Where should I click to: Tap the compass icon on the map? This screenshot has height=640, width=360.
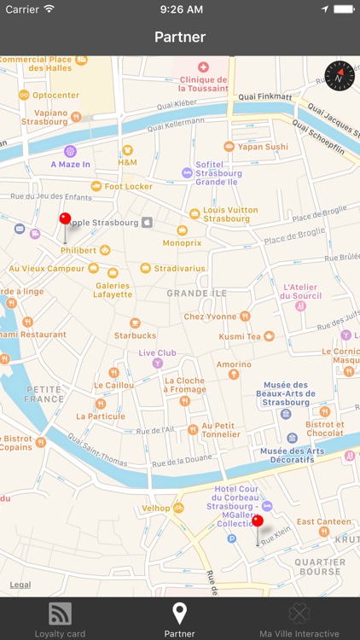[339, 76]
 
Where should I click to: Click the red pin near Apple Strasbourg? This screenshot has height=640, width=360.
[65, 219]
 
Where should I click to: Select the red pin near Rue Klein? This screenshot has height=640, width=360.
[257, 521]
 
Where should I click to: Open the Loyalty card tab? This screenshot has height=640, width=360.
[60, 619]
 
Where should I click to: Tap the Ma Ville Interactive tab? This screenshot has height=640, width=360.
[299, 619]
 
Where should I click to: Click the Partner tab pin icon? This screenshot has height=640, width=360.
[179, 613]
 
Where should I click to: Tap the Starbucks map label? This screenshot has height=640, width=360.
[135, 335]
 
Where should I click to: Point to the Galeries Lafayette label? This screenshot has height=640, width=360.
[113, 289]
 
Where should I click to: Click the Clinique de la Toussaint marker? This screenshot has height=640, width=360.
[203, 67]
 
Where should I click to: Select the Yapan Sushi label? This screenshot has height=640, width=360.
[263, 147]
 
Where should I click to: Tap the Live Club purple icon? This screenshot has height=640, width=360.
[156, 363]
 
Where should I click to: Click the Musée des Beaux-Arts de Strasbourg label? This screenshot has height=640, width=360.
[286, 393]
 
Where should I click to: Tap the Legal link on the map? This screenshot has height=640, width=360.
[20, 585]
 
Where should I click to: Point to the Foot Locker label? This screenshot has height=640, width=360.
[128, 186]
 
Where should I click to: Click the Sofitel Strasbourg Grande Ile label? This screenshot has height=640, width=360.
[218, 173]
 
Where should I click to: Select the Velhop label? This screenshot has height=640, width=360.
[156, 508]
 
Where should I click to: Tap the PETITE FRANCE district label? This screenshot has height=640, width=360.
[44, 393]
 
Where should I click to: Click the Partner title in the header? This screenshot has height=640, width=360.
[180, 37]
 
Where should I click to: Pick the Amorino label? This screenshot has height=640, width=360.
[233, 364]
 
